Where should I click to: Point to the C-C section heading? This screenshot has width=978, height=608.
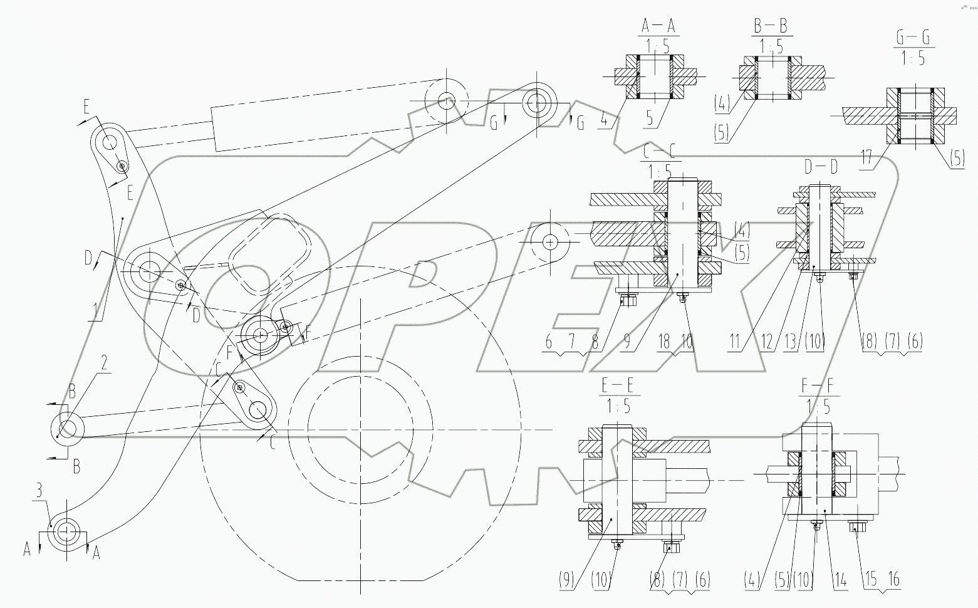pos(658,151)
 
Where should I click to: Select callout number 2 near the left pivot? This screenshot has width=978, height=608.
pos(104,362)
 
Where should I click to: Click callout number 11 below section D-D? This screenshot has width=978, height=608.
pos(735,342)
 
